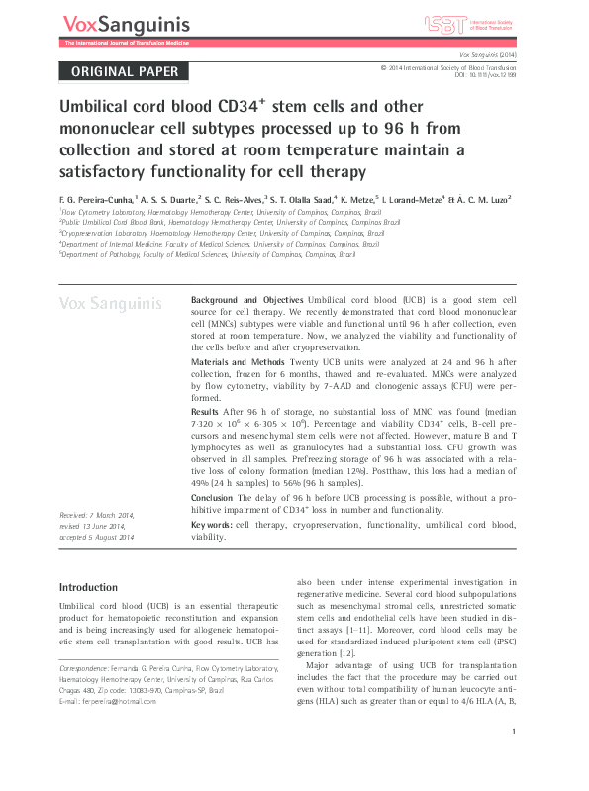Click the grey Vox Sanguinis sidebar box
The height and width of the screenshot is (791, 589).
point(111,304)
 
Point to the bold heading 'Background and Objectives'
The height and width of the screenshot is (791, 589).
point(246,299)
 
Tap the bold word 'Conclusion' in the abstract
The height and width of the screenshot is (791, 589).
point(212,498)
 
